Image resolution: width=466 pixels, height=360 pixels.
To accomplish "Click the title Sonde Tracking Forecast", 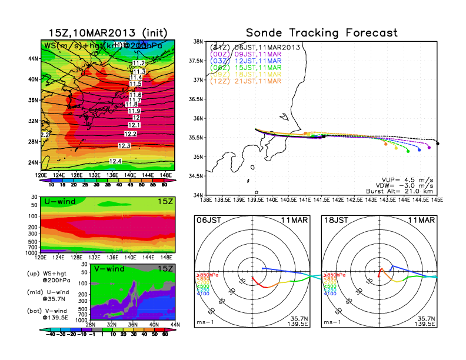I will click(x=321, y=33).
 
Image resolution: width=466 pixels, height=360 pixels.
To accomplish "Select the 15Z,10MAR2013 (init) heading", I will click(x=104, y=32).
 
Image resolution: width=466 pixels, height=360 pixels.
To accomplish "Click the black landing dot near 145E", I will click(x=438, y=143).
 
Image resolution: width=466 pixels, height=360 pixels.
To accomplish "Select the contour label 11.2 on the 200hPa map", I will click(x=139, y=63).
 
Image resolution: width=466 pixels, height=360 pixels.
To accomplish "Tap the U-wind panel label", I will click(x=58, y=202).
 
